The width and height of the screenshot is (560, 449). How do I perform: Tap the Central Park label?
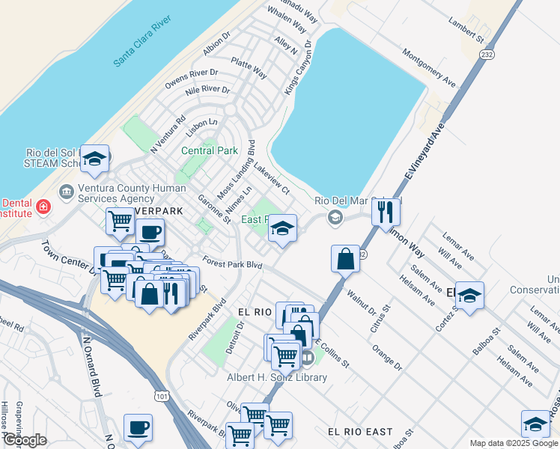pos(209,150)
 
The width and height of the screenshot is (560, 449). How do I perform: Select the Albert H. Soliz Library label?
pos(277,377)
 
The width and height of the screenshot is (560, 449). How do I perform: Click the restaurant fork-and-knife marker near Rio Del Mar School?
pos(386,212)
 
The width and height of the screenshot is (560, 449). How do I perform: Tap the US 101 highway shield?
pos(162,395)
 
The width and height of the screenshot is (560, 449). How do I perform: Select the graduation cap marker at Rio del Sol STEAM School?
pos(95,158)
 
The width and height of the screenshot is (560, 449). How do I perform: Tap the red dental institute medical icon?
pos(44,207)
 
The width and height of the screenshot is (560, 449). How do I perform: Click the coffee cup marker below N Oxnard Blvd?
pos(138,427)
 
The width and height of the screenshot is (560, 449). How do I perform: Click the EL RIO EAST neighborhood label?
pos(359,432)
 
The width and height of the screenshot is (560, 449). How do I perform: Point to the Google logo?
pos(24,440)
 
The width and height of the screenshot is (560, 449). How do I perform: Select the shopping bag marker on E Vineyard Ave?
pos(346,259)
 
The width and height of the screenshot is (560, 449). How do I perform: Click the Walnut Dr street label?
pos(361,305)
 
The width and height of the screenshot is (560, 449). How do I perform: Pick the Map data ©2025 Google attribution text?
pos(513,443)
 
